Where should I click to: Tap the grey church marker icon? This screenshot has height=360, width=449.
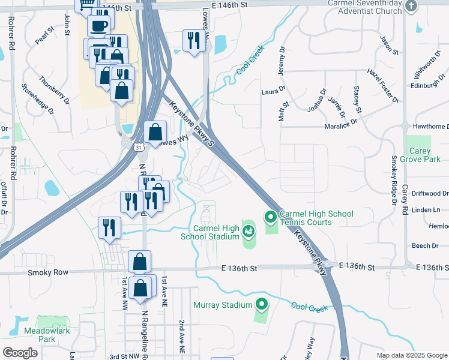click(x=411, y=6)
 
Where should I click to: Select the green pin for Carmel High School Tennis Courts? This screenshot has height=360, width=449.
click(x=270, y=216)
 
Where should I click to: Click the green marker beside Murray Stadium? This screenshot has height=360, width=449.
click(x=261, y=305)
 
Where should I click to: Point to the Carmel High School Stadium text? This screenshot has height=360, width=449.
click(x=210, y=232)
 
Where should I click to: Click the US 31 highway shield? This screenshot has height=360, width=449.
click(x=139, y=146)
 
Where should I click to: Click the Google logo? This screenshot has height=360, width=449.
click(x=20, y=353)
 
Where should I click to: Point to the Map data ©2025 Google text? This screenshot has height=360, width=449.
click(x=412, y=356)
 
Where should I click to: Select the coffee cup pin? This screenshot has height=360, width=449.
click(x=98, y=25)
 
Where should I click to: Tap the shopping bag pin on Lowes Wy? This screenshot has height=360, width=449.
click(x=155, y=132)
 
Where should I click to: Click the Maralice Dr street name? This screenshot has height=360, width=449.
click(x=342, y=121)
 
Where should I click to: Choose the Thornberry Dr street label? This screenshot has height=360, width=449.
click(x=55, y=87)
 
